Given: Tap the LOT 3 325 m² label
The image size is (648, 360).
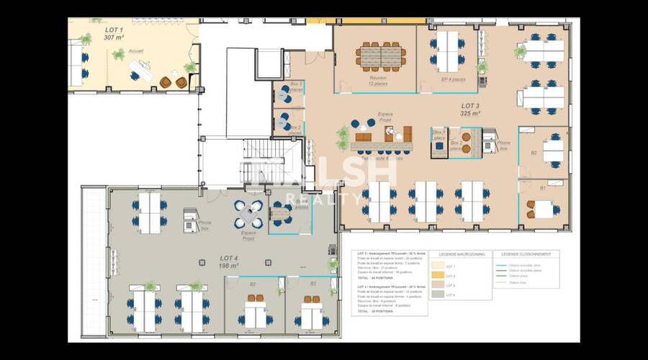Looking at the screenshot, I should pos(470,109).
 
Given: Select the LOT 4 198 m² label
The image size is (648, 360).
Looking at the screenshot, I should pos(229,261).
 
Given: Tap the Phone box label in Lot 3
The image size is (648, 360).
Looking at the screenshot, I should pos(504,146).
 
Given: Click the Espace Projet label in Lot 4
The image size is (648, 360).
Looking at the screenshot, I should pos(249,235).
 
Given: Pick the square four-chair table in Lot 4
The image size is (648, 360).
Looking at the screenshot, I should pos(249,213).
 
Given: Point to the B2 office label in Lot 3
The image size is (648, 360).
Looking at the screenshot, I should pos(534,153).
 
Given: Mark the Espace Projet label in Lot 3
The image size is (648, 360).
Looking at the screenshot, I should pos(390,116).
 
